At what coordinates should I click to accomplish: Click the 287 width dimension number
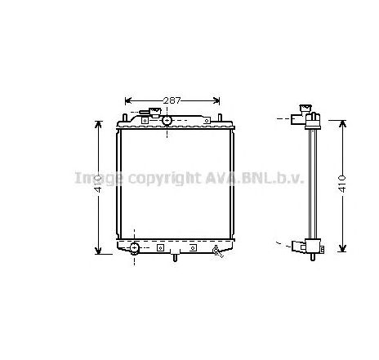coord(172,100)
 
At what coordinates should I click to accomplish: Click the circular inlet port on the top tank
coord(167,121)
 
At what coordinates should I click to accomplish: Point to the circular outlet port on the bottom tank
coord(134,247)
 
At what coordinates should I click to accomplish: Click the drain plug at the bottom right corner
coord(216,250)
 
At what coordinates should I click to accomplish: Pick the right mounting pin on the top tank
coord(219,117)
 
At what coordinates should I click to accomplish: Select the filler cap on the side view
coord(307,107)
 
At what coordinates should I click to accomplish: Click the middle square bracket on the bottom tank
coord(160,247)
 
